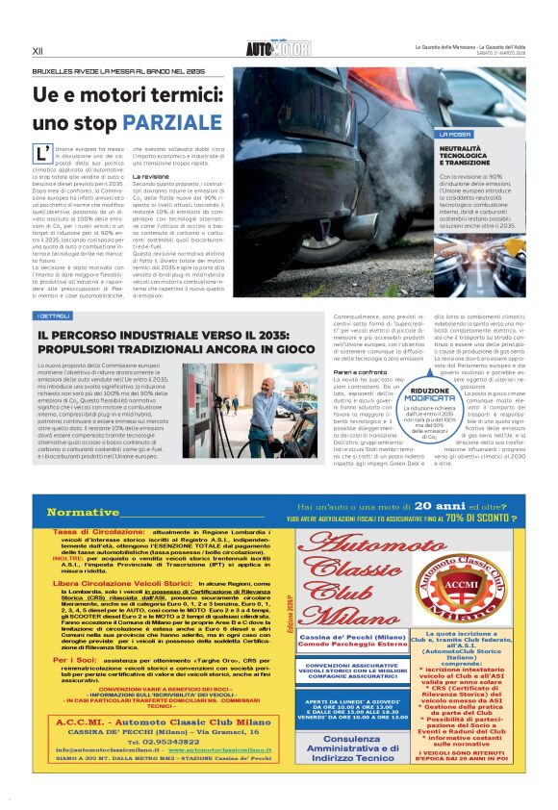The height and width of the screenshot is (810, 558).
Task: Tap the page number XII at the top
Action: pyautogui.click(x=38, y=49)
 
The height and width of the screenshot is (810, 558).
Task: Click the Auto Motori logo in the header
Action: pyautogui.click(x=278, y=48)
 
